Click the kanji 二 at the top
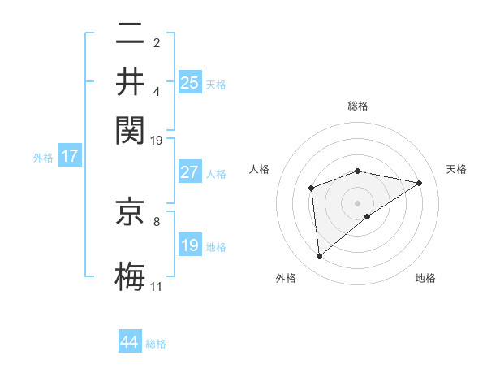coord(131,35)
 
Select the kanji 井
coord(131,81)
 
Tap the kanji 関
coord(131,128)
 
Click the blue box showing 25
coord(189,82)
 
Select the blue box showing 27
coord(189,172)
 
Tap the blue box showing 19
coord(189,245)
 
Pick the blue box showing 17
coord(69,156)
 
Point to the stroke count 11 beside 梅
coord(157,287)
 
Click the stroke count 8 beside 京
coord(157,220)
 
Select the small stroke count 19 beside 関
coord(157,141)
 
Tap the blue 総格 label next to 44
coord(156,344)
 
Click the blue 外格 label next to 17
coord(43,158)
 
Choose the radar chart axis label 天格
coord(456,169)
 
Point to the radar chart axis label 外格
coord(286,278)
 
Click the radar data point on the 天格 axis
coord(420,183)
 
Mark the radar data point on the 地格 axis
coord(368,216)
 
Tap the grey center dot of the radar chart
coord(357,202)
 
